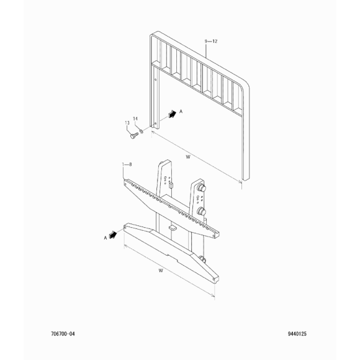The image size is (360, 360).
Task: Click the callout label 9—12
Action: pyautogui.click(x=211, y=42)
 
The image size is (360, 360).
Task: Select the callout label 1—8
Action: pyautogui.click(x=127, y=164)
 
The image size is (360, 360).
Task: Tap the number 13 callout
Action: pyautogui.click(x=127, y=123)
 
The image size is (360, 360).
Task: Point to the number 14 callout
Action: pyautogui.click(x=135, y=119)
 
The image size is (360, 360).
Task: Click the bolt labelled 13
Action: pyautogui.click(x=134, y=135)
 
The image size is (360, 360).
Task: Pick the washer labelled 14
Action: pyautogui.click(x=142, y=131)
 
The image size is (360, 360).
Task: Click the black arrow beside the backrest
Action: pyautogui.click(x=172, y=114)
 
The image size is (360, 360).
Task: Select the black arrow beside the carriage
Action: pyautogui.click(x=113, y=235)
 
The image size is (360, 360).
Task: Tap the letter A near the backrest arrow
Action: pyautogui.click(x=181, y=111)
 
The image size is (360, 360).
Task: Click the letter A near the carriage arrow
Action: pyautogui.click(x=106, y=238)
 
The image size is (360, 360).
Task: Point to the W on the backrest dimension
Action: pyautogui.click(x=188, y=157)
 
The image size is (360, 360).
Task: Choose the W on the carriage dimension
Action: pyautogui.click(x=161, y=271)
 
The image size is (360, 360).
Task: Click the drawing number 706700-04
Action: pyautogui.click(x=63, y=333)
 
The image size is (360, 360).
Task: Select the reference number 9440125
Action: pyautogui.click(x=297, y=333)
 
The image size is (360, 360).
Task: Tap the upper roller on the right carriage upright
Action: pyautogui.click(x=202, y=187)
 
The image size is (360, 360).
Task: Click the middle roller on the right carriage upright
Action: pyautogui.click(x=202, y=211)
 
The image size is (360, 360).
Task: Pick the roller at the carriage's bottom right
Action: pyautogui.click(x=203, y=259)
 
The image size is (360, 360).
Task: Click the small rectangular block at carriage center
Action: pyautogui.click(x=173, y=228)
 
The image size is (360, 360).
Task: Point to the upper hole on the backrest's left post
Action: pyautogui.click(x=156, y=80)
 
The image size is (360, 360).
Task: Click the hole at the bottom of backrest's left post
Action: pyautogui.click(x=155, y=124)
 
